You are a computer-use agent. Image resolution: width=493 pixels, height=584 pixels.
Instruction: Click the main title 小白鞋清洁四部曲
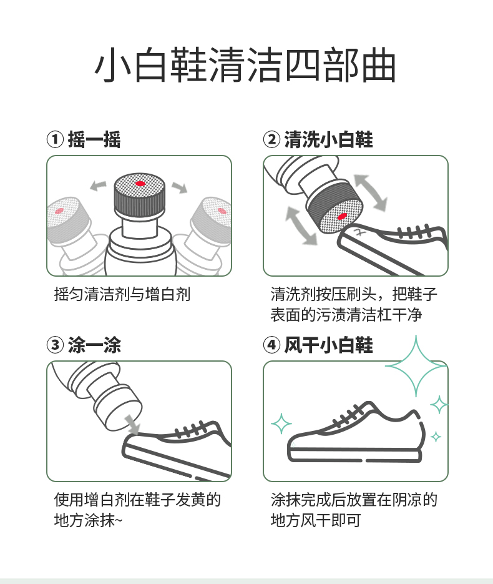click(245, 65)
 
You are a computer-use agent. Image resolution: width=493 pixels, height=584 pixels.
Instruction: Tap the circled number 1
click(55, 140)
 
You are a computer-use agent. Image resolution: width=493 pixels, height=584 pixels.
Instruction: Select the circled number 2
click(271, 140)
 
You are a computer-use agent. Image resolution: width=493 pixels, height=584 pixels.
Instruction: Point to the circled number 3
click(55, 345)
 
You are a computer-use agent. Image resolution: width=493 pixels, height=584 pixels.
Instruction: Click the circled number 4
click(271, 345)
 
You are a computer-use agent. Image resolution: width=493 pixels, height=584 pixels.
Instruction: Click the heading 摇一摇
click(94, 140)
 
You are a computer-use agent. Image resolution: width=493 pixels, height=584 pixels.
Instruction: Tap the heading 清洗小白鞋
click(328, 140)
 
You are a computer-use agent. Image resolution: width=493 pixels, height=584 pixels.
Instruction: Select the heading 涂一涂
click(94, 345)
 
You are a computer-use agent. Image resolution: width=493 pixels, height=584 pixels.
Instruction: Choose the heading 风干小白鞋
click(328, 345)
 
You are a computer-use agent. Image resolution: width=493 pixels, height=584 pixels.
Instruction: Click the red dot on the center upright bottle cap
click(140, 184)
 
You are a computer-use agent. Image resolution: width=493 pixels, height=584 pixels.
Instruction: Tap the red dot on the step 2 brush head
click(342, 216)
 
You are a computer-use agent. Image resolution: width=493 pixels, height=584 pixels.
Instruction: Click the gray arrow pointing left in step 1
click(98, 185)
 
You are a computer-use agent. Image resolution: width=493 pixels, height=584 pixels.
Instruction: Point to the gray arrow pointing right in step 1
click(180, 187)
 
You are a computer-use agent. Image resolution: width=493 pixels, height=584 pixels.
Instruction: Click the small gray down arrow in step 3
click(132, 425)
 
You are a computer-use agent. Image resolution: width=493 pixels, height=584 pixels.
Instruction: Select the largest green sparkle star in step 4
click(416, 366)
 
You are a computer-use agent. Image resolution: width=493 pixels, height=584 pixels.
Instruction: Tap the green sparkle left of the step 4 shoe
click(281, 424)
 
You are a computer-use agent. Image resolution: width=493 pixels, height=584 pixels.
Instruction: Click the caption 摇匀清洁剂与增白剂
click(122, 294)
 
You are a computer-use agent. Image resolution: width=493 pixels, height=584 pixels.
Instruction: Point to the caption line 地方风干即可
click(316, 520)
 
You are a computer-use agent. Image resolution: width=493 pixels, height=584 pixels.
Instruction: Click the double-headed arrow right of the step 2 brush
click(371, 192)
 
